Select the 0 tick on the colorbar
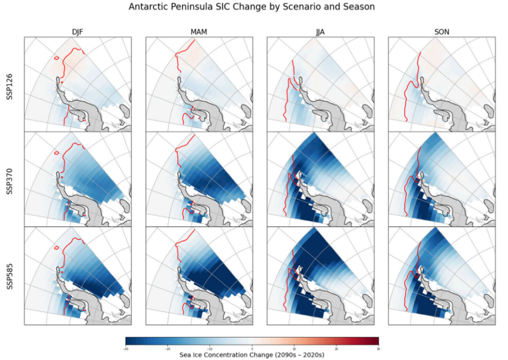(x=252, y=348)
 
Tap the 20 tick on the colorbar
(x=336, y=348)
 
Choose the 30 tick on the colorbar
(x=378, y=348)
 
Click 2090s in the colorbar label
(x=283, y=355)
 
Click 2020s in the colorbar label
(x=310, y=355)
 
